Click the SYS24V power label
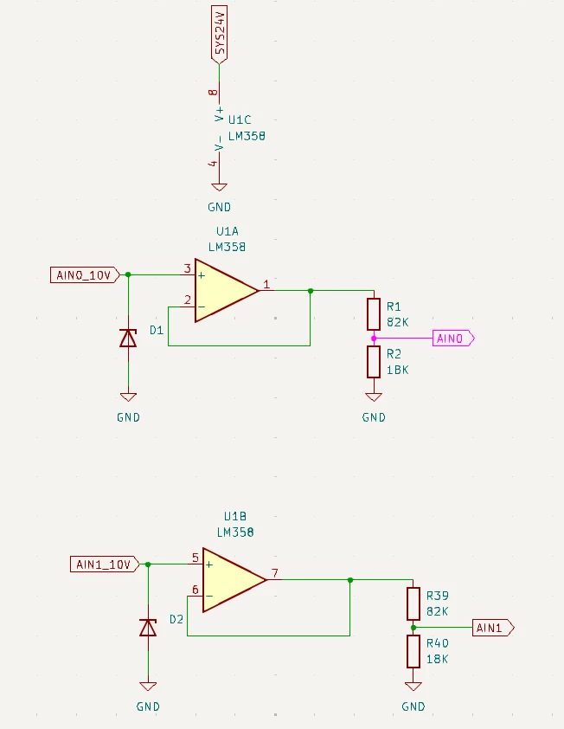click(219, 35)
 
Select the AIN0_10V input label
click(85, 275)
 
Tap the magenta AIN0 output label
click(453, 338)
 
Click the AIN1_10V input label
click(105, 564)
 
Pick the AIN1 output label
click(493, 628)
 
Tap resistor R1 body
click(374, 314)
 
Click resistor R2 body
click(374, 362)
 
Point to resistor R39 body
click(413, 604)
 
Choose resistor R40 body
click(413, 651)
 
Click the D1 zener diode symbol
click(128, 338)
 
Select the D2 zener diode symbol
click(148, 627)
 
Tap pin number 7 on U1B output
click(275, 573)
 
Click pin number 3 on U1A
click(187, 268)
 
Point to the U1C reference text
click(240, 120)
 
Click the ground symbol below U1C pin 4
click(219, 187)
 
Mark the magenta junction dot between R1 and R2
click(374, 339)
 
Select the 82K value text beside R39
click(437, 611)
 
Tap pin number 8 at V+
click(213, 92)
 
